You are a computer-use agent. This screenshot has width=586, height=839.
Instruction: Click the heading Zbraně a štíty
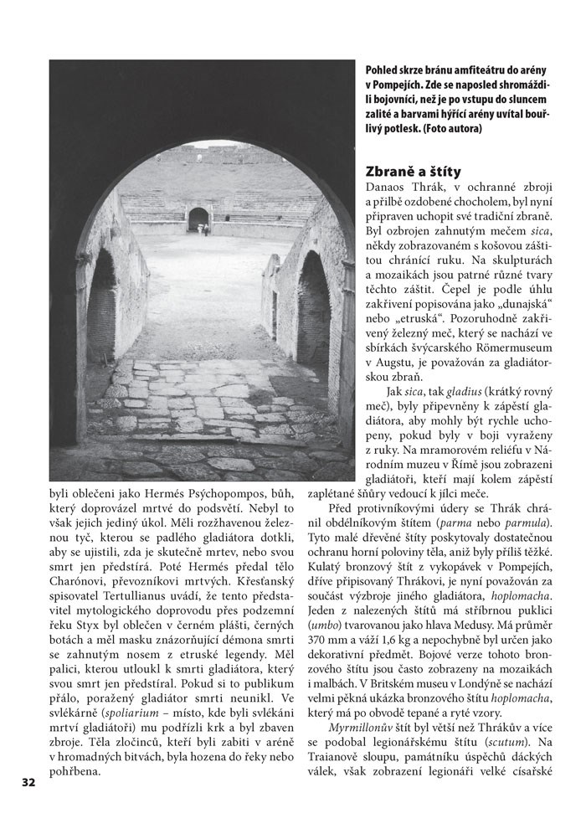point(418,167)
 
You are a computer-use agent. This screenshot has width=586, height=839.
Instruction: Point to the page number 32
point(28,782)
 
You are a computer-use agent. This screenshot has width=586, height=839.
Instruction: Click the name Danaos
point(386,185)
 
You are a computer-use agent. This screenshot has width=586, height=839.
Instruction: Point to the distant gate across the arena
point(199,219)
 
